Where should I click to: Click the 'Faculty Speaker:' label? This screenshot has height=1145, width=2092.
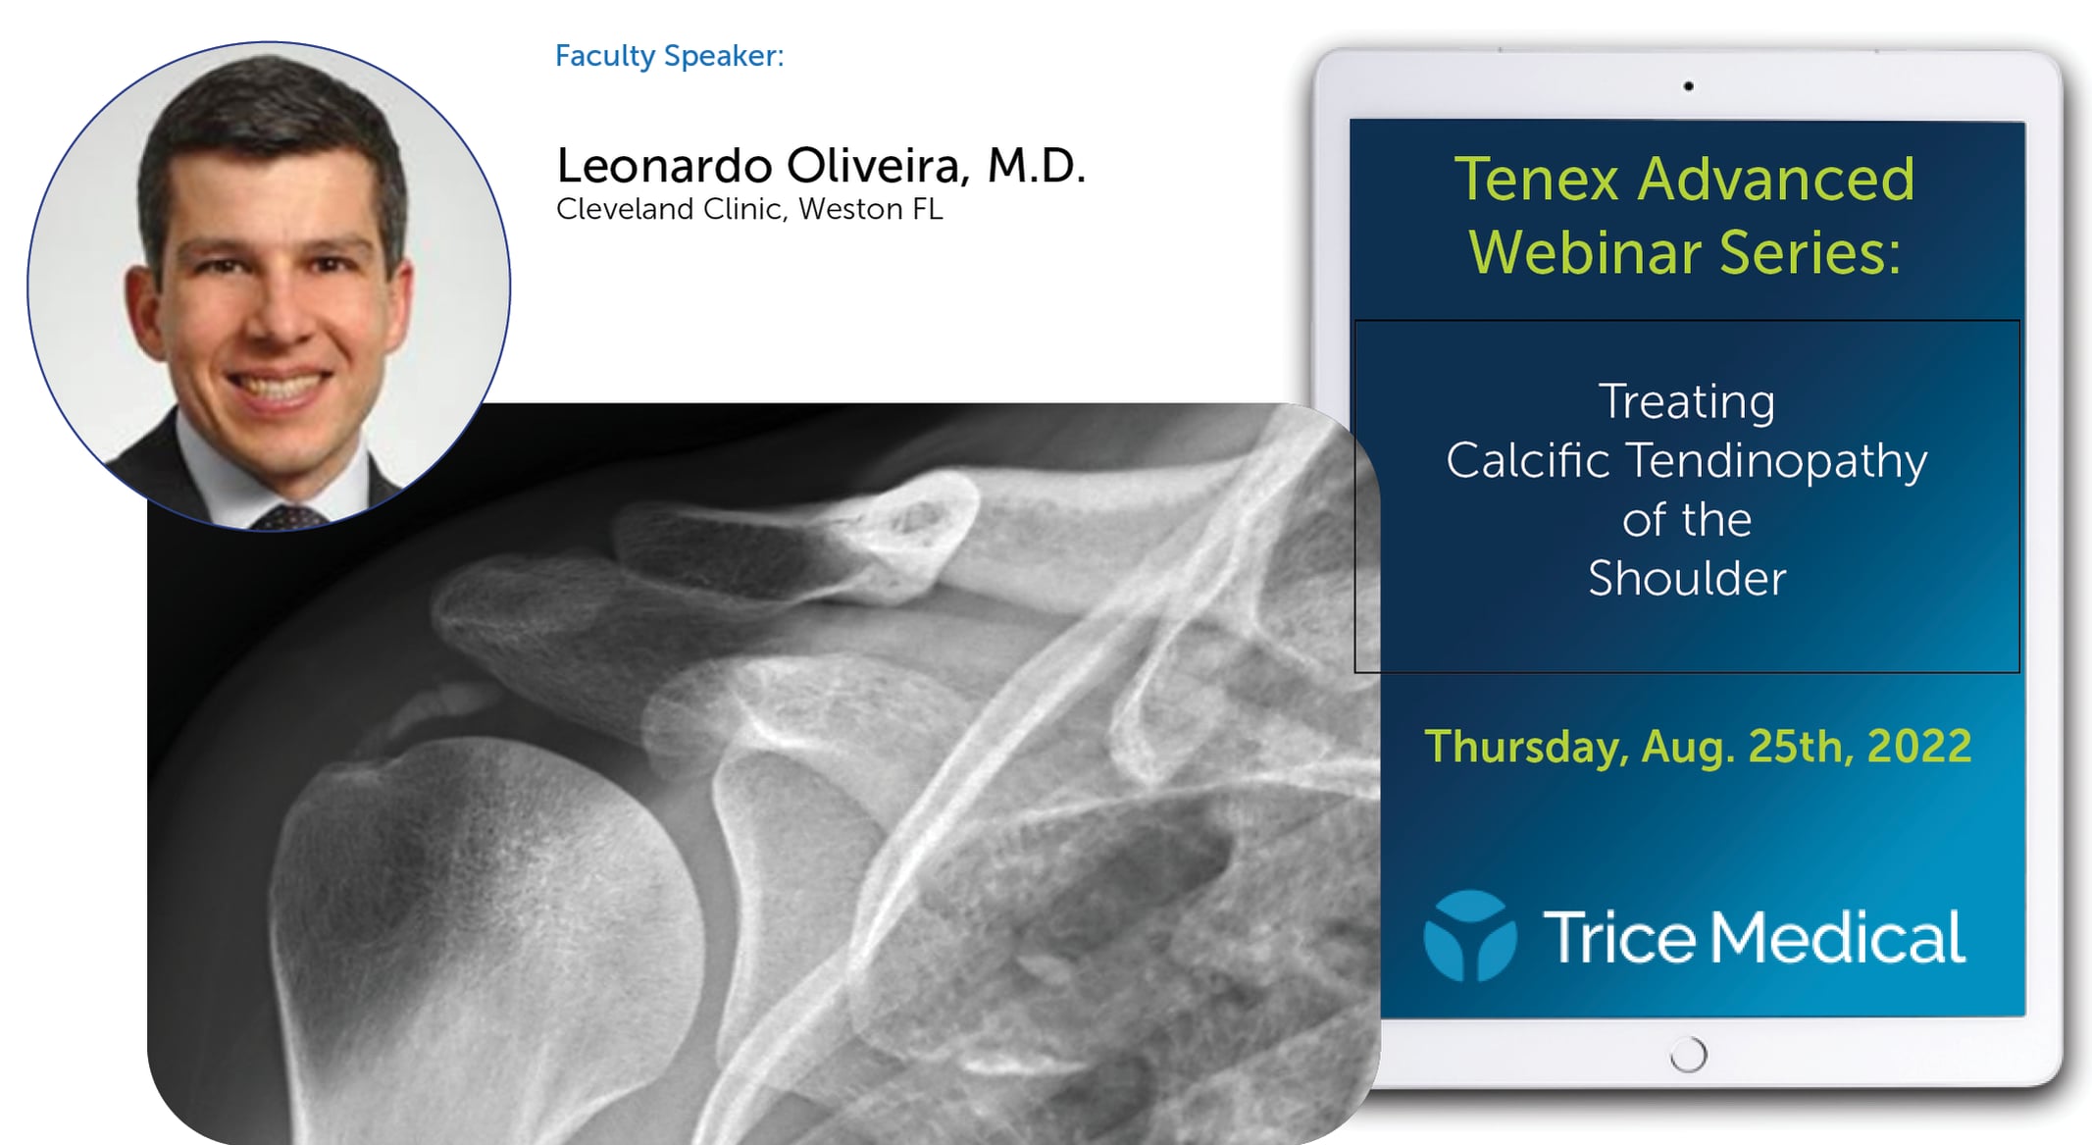(669, 56)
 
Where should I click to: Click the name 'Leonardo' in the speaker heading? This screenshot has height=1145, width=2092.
(664, 166)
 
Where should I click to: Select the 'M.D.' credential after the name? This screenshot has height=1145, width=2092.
(1036, 166)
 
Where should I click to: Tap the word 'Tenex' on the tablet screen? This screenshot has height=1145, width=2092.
(1536, 180)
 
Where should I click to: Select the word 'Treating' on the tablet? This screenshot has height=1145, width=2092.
(1686, 402)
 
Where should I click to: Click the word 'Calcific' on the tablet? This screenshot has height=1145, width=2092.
(1527, 460)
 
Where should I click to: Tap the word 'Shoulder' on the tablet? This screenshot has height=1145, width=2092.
(1686, 579)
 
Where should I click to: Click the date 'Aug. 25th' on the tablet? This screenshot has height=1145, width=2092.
(1742, 747)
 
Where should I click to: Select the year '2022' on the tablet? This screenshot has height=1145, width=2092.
(1918, 747)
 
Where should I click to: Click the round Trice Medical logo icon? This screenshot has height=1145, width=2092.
(1469, 936)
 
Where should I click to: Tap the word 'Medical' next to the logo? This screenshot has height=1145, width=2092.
(1838, 938)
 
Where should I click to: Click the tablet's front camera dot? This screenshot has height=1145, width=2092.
(1688, 86)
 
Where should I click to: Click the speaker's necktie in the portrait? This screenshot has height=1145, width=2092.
(287, 518)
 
